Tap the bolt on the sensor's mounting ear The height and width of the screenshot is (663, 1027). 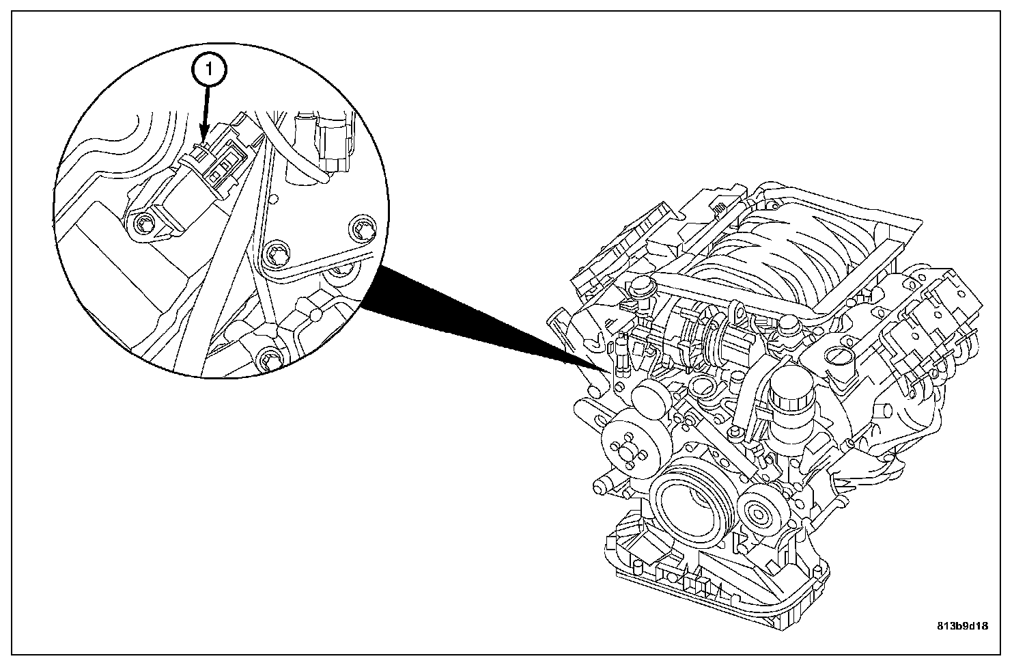tap(144, 224)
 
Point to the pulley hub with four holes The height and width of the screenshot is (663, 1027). tap(628, 451)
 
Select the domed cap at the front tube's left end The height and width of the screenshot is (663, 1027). tap(642, 287)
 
